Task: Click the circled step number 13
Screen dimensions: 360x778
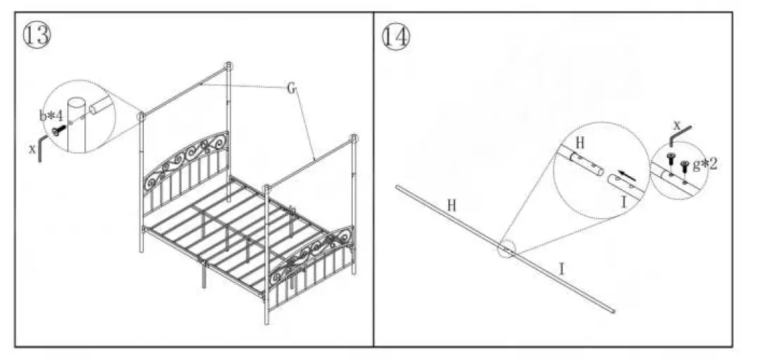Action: (x=37, y=34)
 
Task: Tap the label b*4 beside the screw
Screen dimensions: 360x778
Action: (x=51, y=115)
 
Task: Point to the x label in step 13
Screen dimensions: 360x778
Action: (x=32, y=148)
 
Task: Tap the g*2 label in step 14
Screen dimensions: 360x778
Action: (x=704, y=165)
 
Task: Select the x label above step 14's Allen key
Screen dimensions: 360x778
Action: (x=676, y=124)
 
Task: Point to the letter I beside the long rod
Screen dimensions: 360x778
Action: (x=562, y=267)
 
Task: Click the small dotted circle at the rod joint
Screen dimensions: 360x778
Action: (x=506, y=251)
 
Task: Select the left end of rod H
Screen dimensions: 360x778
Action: (x=398, y=187)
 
